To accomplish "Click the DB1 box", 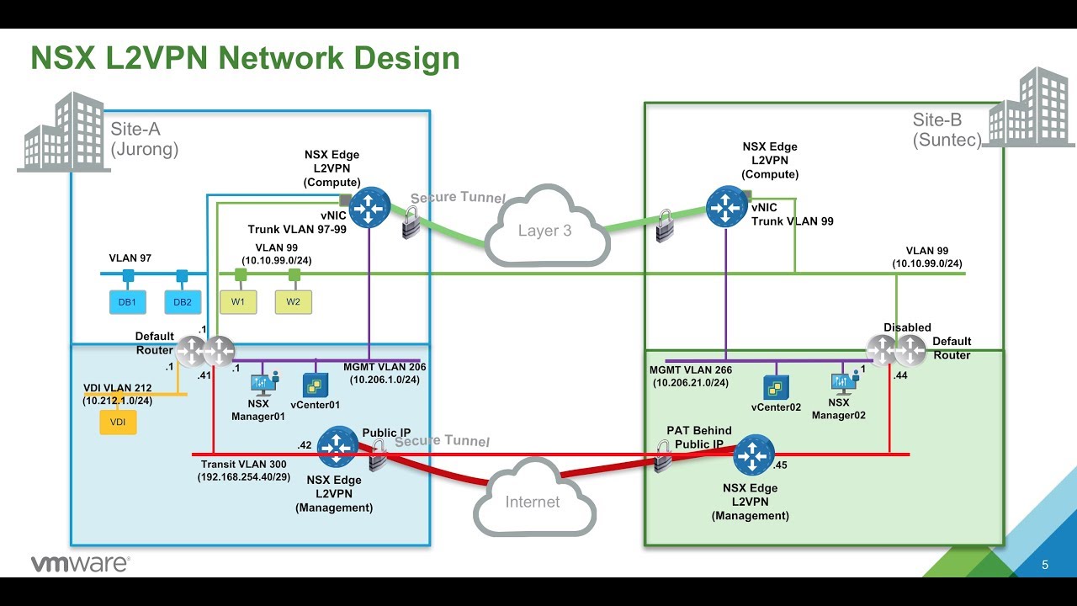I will pos(128,302).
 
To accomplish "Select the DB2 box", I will pos(182,302).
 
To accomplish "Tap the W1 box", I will pos(239,302).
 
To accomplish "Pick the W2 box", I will pos(293,302).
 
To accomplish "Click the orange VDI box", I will pos(118,422).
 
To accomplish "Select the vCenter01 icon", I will pos(316,385).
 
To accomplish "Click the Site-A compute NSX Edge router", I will pos(369,207).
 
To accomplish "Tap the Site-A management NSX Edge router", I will pos(338,447).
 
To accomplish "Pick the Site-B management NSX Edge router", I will pos(753,457).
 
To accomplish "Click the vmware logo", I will pos(80,564).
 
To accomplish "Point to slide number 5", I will pos(1045,565).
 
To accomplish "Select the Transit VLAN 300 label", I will pos(243,464).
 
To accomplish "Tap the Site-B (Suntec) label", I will pos(947,130).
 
